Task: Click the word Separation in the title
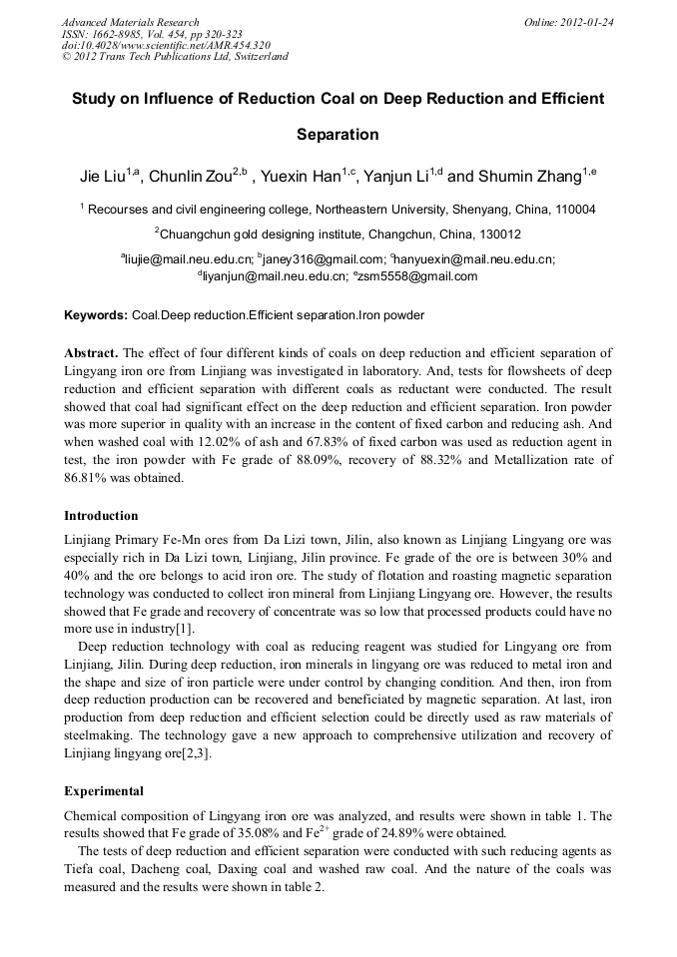click(x=338, y=134)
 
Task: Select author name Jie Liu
click(x=103, y=178)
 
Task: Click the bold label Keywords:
click(x=96, y=315)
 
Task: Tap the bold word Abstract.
click(x=91, y=353)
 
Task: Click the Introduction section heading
click(x=101, y=516)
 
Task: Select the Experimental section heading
click(x=104, y=791)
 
